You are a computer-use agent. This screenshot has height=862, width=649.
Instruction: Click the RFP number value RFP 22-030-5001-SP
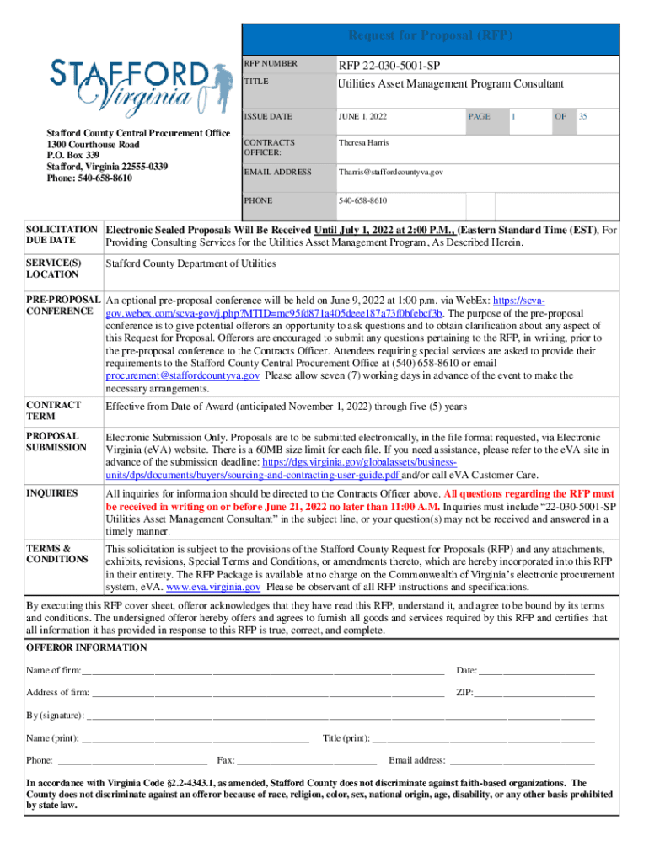coord(389,66)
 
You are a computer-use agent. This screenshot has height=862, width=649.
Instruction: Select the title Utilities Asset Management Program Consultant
coord(450,84)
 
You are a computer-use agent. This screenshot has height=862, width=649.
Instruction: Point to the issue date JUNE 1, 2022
coord(362,117)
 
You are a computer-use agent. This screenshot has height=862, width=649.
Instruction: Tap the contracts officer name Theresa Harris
coord(364,143)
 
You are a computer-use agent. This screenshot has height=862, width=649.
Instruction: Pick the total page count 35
coord(582,117)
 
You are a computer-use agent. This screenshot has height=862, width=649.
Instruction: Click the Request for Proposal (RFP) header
coord(430,36)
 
